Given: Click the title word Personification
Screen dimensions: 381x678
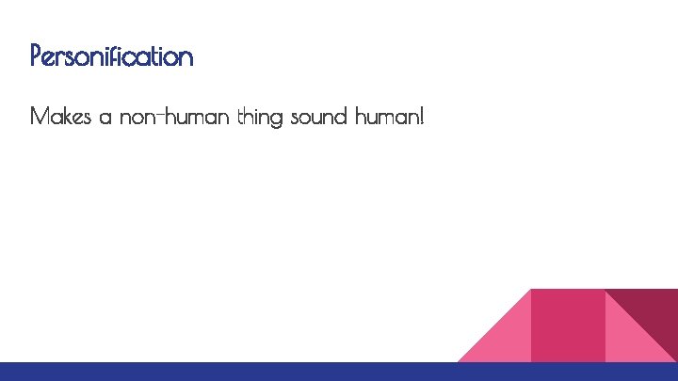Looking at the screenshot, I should point(111,56).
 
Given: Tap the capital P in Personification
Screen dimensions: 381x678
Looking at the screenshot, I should point(36,56).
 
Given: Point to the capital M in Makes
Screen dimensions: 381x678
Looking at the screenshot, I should point(40,118).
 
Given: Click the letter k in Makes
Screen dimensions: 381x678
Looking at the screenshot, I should point(65,118).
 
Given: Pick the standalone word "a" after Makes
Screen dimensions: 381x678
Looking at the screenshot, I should point(105,119).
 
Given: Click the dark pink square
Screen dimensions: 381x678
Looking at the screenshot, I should point(568,325).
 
